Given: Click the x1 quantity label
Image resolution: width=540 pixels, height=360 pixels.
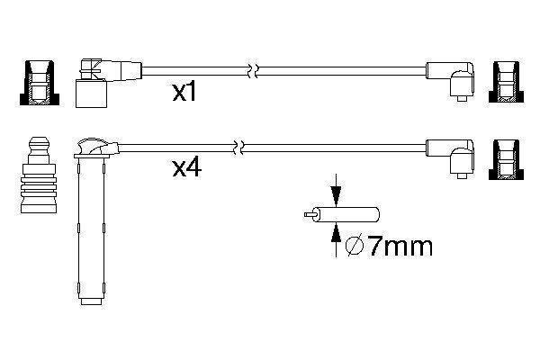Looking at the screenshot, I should tap(184, 93).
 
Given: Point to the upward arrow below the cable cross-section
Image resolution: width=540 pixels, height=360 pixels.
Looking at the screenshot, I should tap(336, 236).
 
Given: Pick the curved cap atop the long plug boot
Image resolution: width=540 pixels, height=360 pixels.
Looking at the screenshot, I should tap(93, 144).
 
